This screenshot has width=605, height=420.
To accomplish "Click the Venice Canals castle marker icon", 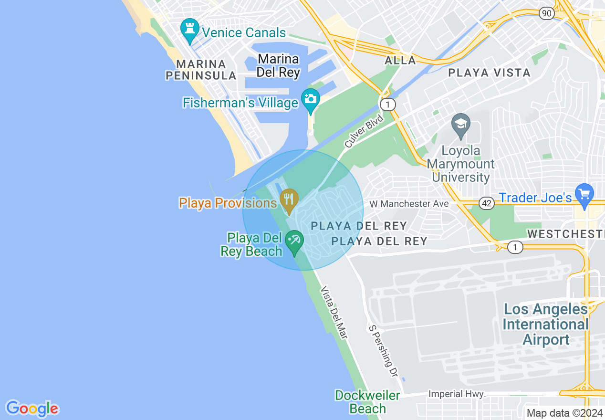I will (x=190, y=30).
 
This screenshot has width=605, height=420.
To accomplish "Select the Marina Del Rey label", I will (x=278, y=66).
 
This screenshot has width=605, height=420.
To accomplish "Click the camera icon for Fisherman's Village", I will (x=311, y=99).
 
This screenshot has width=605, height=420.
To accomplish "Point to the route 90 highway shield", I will (x=547, y=13).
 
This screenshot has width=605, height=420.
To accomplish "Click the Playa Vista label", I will (x=489, y=73).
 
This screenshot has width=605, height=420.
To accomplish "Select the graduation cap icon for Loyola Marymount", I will (x=460, y=125).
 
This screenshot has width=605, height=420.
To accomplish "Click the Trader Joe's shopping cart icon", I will (x=584, y=194).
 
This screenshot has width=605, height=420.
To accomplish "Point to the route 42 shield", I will (x=487, y=204).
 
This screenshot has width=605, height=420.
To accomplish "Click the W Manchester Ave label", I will (x=409, y=204).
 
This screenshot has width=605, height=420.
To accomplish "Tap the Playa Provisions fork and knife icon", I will (x=289, y=199).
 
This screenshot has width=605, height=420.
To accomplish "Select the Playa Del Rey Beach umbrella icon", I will (x=294, y=241).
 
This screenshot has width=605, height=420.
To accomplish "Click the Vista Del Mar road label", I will (x=334, y=313).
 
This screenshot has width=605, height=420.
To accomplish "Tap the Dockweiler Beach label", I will (x=367, y=402).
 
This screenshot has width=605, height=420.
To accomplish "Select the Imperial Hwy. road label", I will (x=457, y=394).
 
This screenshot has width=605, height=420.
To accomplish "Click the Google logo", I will (x=32, y=409).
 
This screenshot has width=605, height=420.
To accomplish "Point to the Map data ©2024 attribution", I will (x=564, y=413).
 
